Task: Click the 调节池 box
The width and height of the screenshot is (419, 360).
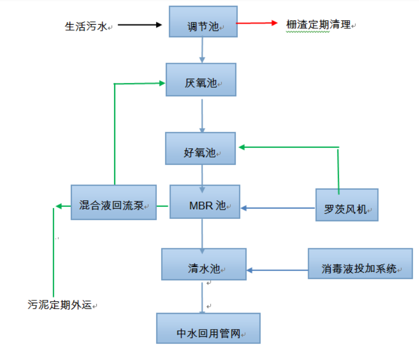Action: [203, 21]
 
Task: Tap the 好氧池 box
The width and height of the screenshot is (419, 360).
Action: [200, 149]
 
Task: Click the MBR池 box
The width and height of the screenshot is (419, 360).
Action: [205, 202]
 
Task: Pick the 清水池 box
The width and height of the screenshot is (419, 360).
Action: [204, 264]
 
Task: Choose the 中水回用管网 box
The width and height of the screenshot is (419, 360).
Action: [208, 328]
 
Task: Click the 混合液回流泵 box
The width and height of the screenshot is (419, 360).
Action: [114, 202]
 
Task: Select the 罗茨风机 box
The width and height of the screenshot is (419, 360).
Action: [347, 205]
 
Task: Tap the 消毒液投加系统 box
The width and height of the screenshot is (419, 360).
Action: [360, 264]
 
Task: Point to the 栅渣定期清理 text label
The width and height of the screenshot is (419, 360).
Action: [318, 25]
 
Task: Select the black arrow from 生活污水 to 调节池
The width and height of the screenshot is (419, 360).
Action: [139, 25]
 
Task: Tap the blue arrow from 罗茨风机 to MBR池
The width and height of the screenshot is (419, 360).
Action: [278, 208]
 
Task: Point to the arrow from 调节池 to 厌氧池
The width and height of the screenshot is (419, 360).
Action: [202, 50]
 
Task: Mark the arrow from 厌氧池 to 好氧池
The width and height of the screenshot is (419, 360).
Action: [202, 115]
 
